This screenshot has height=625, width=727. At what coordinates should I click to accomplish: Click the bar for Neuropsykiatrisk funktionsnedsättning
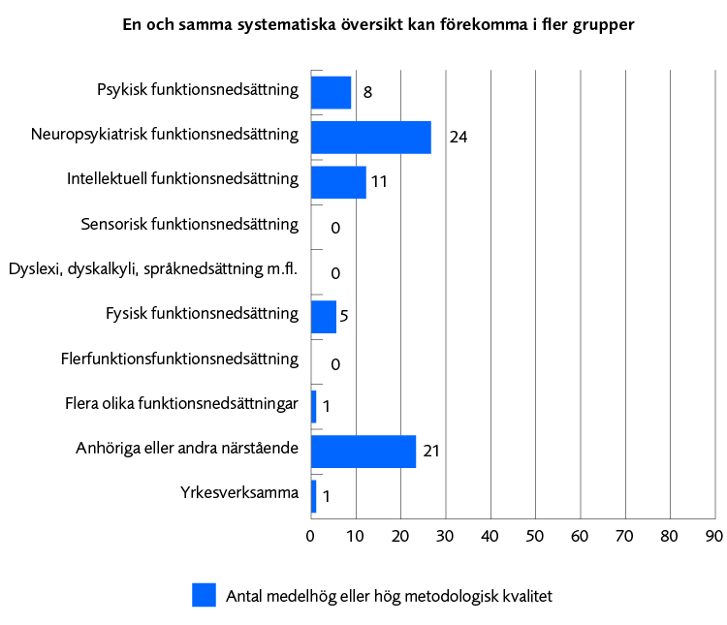click(370, 138)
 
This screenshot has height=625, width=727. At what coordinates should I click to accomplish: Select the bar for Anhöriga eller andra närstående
click(363, 452)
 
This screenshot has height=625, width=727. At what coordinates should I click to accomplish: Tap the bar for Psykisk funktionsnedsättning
click(331, 92)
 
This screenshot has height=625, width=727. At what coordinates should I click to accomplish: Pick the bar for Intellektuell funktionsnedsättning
click(338, 182)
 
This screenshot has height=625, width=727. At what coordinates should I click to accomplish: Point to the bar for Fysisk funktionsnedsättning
click(323, 317)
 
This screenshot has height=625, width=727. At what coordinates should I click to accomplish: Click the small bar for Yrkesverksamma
click(313, 496)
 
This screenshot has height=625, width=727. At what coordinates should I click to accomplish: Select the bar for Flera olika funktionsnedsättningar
click(313, 406)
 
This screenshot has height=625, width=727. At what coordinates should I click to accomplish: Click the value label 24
click(458, 138)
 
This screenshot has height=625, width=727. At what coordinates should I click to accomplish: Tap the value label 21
click(431, 452)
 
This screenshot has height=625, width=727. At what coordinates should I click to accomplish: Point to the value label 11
click(379, 182)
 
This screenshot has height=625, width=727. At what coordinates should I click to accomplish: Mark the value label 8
click(368, 93)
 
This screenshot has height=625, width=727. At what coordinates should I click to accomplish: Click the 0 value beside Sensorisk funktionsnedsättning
click(335, 229)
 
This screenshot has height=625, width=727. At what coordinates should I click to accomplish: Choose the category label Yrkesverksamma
click(238, 494)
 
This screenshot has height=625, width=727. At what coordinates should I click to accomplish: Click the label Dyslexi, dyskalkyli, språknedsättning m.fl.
click(152, 269)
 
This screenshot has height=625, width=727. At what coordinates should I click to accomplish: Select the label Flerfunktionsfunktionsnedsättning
click(178, 359)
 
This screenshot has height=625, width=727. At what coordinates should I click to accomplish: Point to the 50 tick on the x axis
click(535, 536)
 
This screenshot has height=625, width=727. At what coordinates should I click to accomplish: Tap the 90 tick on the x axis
click(714, 536)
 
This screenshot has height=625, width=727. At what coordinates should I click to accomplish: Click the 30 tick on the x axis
click(445, 536)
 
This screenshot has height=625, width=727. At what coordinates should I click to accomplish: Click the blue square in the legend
click(204, 595)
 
